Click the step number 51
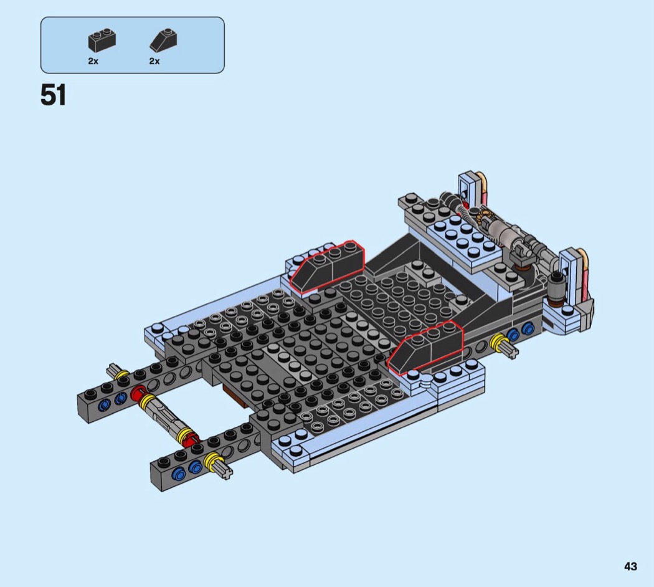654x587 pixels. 54,95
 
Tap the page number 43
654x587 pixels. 630,566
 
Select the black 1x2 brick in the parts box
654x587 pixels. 102,41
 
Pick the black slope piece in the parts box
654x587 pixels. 163,40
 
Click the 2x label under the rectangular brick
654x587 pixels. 93,61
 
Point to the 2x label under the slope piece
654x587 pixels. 154,61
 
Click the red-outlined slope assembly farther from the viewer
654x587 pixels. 328,266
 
